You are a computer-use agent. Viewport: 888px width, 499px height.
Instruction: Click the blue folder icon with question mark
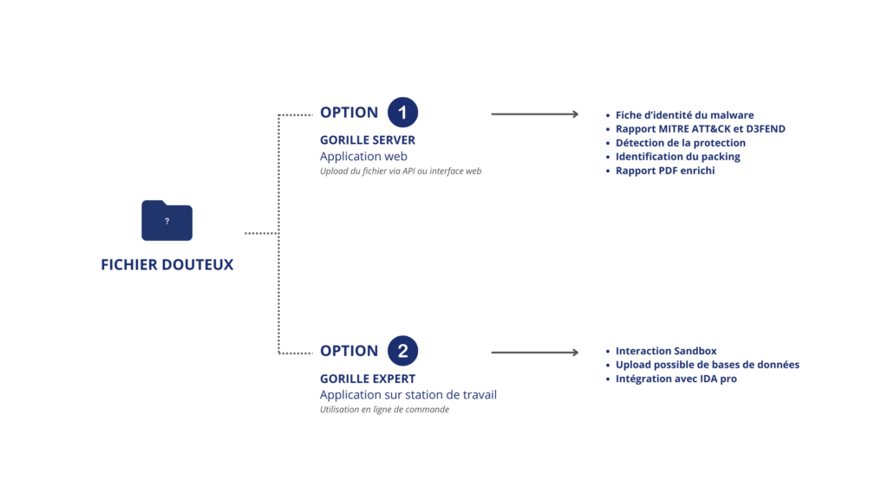coord(167,220)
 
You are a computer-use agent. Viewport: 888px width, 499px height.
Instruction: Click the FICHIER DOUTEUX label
coord(167,264)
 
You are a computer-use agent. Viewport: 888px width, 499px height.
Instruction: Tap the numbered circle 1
coord(402,112)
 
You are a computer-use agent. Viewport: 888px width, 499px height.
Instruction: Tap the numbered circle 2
coord(402,351)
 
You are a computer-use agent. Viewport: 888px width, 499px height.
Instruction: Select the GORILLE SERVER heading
coord(368,139)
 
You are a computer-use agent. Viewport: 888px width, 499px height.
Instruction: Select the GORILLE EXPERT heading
coord(368,379)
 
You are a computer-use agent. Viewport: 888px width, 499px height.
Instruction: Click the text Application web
coord(363,156)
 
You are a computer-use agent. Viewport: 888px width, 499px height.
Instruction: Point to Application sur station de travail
coord(408,394)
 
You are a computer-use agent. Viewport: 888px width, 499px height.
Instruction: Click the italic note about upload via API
coord(401,171)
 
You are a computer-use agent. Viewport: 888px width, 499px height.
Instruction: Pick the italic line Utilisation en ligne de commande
coord(384,410)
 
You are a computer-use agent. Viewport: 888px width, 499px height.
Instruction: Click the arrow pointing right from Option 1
coord(535,114)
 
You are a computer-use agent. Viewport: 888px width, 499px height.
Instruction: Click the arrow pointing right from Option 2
coord(535,353)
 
